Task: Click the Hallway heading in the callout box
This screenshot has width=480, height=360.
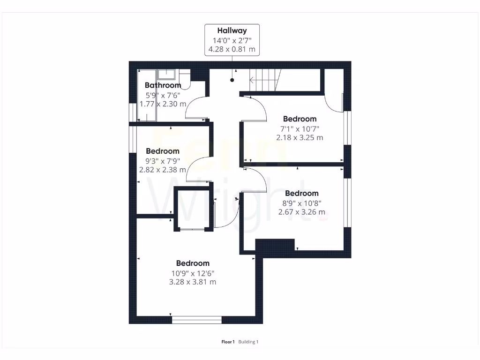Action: [x=232, y=31]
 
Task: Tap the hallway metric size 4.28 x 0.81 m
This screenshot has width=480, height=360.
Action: [x=232, y=49]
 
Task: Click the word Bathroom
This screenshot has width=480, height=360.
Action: [x=163, y=85]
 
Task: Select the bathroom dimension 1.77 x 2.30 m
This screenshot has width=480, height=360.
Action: [x=163, y=104]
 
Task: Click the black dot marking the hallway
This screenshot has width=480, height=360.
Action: [x=232, y=80]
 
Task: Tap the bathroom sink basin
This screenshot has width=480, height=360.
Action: [x=166, y=75]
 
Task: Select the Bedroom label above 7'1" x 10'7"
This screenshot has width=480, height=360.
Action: [x=300, y=119]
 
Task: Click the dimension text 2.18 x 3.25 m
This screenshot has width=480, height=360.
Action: [x=300, y=138]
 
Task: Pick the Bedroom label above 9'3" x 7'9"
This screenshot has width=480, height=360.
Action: [x=163, y=151]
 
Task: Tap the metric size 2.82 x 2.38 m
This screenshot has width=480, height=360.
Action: [x=163, y=170]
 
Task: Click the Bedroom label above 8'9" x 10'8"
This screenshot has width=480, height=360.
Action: [x=301, y=193]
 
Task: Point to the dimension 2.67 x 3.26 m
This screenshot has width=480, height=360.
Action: [x=301, y=212]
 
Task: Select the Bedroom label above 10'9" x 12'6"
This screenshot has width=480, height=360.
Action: [x=193, y=263]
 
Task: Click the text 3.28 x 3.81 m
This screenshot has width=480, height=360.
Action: [x=193, y=282]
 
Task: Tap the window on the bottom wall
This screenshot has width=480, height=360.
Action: [x=196, y=320]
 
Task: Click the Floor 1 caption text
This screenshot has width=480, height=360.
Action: [x=228, y=342]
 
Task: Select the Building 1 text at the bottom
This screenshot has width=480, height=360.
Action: [x=248, y=342]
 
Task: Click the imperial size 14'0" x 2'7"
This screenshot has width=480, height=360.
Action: [x=232, y=40]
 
